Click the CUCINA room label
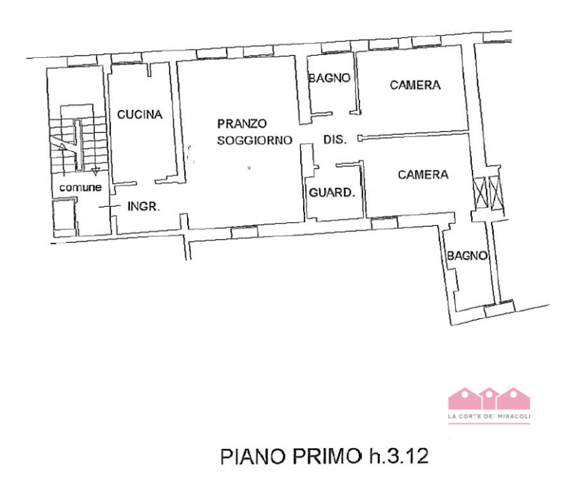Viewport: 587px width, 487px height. point(139,114)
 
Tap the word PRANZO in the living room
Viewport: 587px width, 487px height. point(241,123)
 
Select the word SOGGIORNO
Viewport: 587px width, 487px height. point(255,139)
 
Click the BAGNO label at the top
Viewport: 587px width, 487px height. point(329,78)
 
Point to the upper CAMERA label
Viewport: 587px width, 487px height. point(415,85)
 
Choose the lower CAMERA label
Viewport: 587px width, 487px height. point(423,175)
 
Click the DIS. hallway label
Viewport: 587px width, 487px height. point(335,139)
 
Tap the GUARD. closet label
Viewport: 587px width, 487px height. point(332,194)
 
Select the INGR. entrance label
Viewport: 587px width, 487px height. point(144,207)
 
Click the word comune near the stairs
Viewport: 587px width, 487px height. point(80,188)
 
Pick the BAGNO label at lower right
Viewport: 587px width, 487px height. point(467,256)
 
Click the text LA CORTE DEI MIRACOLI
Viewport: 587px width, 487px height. point(489,417)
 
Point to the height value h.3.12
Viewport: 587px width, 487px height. point(396,455)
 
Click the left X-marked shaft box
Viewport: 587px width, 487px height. point(480,193)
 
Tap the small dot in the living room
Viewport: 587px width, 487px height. point(249,169)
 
